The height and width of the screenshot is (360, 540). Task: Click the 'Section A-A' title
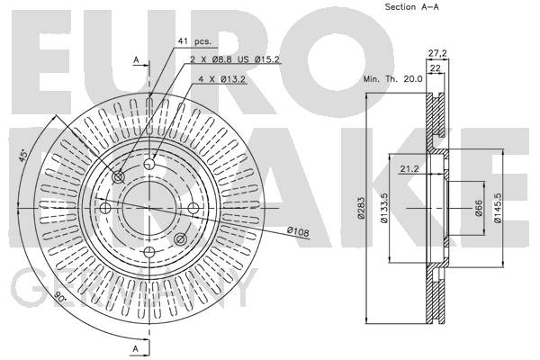(411, 6)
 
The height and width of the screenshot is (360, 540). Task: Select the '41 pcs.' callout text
(194, 41)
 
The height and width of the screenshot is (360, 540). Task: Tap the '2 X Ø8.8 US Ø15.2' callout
(235, 59)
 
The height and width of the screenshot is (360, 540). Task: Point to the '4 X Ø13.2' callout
(221, 79)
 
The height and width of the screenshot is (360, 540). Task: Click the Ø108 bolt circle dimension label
(298, 231)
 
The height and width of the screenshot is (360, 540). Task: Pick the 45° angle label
(22, 156)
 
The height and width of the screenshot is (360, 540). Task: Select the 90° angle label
(60, 295)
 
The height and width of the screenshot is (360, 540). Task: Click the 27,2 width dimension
(437, 53)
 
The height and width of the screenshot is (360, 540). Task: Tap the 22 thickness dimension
(436, 68)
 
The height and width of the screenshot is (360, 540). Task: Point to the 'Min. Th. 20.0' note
(393, 79)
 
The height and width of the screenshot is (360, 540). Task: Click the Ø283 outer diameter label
(361, 208)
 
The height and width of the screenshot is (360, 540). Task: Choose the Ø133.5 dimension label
(384, 208)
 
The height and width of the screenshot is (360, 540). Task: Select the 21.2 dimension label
(409, 169)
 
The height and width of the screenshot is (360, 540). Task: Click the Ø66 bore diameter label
(479, 208)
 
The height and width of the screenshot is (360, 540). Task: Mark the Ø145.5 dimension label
(498, 208)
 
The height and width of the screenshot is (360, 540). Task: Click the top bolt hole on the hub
(149, 163)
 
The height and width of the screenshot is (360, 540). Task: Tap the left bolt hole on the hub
(105, 208)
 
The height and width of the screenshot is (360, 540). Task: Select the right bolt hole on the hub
(193, 208)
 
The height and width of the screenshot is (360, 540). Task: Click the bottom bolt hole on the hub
(149, 252)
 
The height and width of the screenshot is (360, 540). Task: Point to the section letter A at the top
(137, 60)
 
